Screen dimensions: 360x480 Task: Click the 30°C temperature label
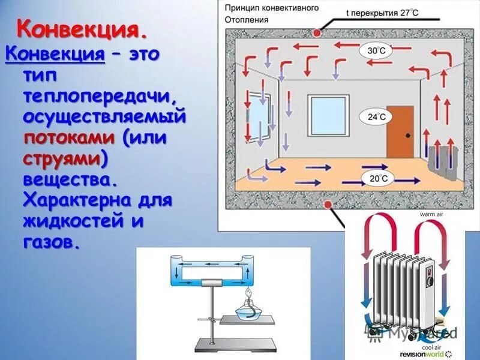click(x=376, y=51)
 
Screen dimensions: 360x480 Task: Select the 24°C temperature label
click(x=376, y=117)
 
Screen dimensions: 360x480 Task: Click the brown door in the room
click(x=400, y=131)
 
